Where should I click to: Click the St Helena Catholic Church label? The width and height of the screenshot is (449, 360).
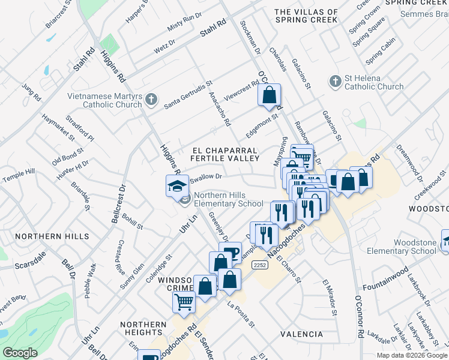[x=373, y=82]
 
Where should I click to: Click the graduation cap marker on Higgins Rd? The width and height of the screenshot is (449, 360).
[x=178, y=185]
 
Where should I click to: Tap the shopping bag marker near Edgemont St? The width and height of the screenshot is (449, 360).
[x=270, y=95]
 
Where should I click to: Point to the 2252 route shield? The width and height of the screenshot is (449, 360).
[x=259, y=265]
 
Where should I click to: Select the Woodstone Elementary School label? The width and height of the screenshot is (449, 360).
[x=414, y=247]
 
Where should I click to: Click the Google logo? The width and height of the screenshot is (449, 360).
[x=20, y=352]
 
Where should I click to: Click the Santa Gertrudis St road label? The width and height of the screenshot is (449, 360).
[x=188, y=95]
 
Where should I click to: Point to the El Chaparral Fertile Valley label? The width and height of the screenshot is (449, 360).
[x=225, y=154]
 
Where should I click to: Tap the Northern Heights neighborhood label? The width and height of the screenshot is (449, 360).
[x=143, y=328]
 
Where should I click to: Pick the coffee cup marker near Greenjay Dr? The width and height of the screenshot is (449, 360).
[x=230, y=251]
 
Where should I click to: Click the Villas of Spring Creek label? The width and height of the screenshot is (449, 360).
[x=307, y=16]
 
